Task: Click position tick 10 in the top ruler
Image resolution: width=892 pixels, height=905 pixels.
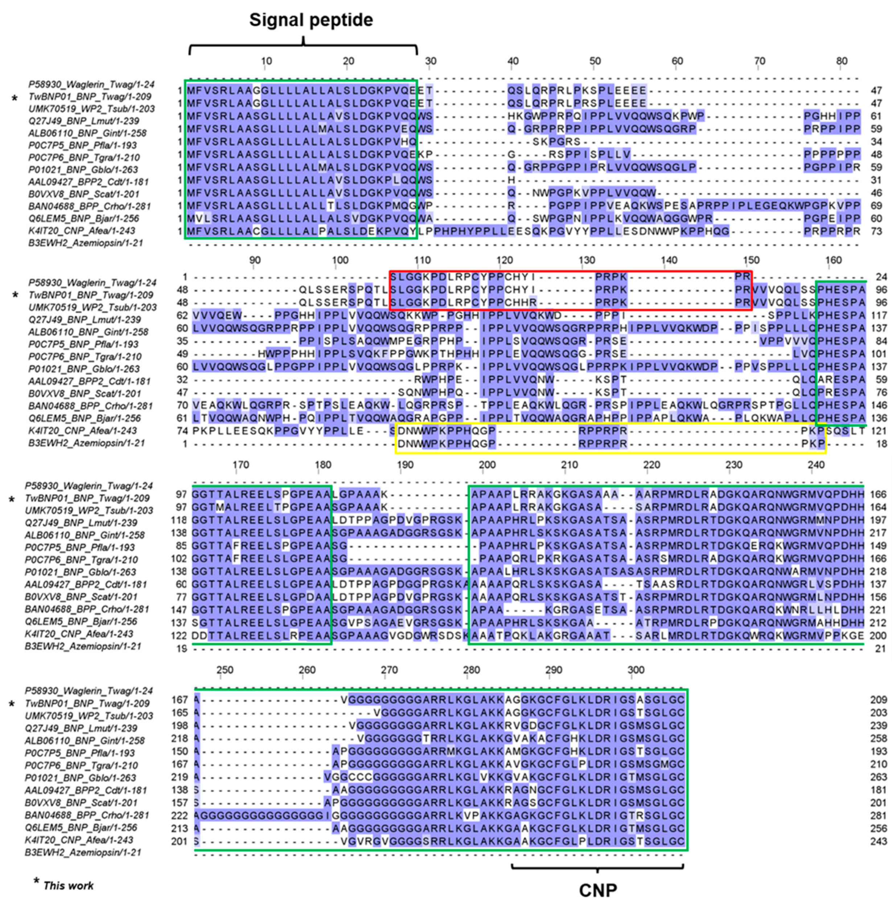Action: coord(266,61)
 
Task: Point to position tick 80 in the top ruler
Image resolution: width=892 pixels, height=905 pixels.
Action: coord(842,61)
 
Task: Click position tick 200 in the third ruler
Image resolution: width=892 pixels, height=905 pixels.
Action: coord(487,465)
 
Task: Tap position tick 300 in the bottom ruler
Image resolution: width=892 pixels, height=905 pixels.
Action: coord(636,670)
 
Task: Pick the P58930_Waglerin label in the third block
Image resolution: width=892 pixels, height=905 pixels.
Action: coord(89,486)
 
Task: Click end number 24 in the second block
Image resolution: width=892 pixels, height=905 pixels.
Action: coord(881,277)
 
